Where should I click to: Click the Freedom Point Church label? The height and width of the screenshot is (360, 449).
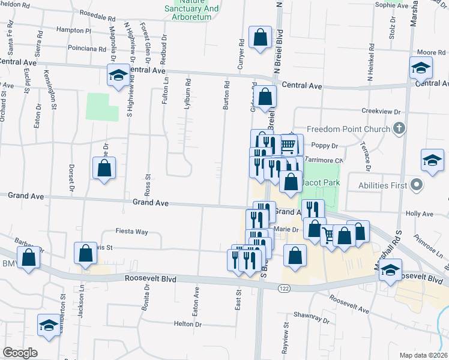tap(349, 129)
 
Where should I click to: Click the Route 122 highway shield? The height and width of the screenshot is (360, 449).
tap(284, 289)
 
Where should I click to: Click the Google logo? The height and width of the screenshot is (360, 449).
tap(20, 352)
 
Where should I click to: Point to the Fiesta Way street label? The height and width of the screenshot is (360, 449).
tap(132, 232)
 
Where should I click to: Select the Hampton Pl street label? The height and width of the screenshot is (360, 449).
tap(73, 30)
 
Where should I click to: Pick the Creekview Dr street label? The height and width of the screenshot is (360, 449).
tap(381, 111)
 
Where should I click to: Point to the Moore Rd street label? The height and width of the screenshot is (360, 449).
tap(431, 53)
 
